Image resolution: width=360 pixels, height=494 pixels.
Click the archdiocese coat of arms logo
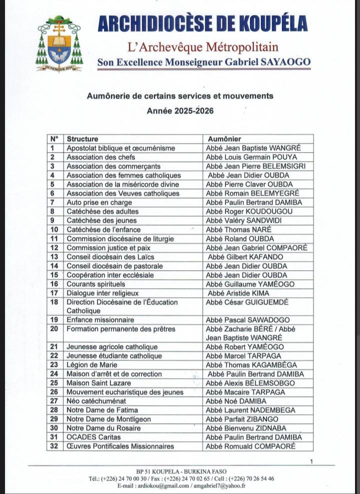pyautogui.click(x=58, y=44)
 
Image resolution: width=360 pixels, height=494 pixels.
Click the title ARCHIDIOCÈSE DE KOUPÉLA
pyautogui.click(x=202, y=24)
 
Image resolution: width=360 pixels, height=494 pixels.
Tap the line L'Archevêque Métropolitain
pyautogui.click(x=202, y=48)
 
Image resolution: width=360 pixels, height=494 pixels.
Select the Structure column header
pyautogui.click(x=82, y=139)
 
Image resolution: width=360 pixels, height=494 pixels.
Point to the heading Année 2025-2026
pyautogui.click(x=180, y=111)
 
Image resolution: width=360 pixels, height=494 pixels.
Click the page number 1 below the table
pyautogui.click(x=311, y=461)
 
